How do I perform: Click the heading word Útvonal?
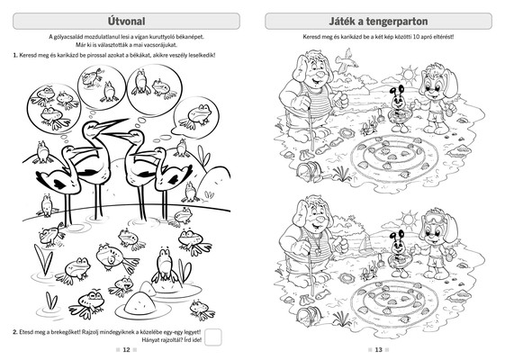126,22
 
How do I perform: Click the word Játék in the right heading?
342,22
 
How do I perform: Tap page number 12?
126,350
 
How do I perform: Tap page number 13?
378,350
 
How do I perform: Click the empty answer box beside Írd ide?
212,337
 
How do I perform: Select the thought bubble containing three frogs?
53,108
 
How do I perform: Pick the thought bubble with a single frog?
196,117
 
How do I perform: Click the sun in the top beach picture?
408,75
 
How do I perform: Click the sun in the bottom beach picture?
409,220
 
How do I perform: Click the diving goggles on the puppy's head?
436,217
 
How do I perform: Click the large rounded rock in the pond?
140,303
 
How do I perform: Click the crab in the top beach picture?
368,129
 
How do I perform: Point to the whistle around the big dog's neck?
318,249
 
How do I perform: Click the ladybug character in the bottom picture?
400,254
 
